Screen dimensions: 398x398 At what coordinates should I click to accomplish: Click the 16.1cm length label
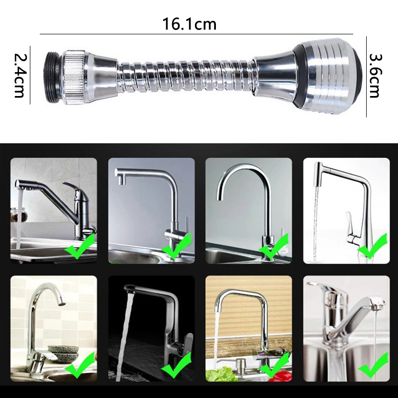(x=190, y=24)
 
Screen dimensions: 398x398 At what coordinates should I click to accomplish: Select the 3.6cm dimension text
(x=375, y=76)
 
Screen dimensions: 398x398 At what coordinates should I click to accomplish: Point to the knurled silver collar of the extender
(x=75, y=77)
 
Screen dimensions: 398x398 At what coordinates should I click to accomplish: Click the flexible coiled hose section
(x=185, y=77)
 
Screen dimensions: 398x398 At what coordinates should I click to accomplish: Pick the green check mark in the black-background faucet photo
(x=177, y=365)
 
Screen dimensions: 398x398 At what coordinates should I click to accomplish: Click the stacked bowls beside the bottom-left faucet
(x=63, y=353)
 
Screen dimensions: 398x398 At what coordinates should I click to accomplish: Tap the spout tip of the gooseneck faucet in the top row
(x=220, y=198)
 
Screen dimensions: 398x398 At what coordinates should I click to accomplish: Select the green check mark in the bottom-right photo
(x=373, y=365)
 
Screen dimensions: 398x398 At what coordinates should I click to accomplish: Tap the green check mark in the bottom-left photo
(x=80, y=365)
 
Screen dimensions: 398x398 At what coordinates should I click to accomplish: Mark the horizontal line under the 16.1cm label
(x=197, y=34)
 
